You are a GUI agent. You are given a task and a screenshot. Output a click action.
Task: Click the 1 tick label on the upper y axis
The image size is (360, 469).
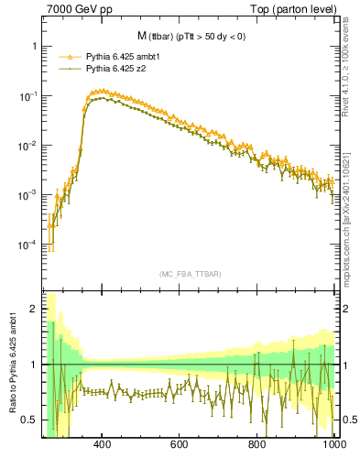click(x=34, y=46)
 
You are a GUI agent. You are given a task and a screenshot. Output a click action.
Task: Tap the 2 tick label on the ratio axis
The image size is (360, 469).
click(x=34, y=309)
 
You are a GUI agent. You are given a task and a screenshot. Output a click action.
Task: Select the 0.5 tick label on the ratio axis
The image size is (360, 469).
click(x=29, y=420)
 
